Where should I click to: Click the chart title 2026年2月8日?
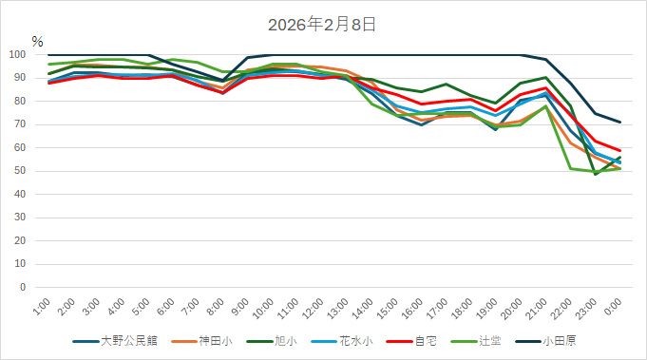(323, 24)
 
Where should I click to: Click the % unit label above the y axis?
(37, 42)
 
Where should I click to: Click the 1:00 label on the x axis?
(41, 307)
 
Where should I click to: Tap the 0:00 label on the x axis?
(613, 307)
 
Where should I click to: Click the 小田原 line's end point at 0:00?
(620, 122)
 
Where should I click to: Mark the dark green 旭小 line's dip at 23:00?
(596, 174)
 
